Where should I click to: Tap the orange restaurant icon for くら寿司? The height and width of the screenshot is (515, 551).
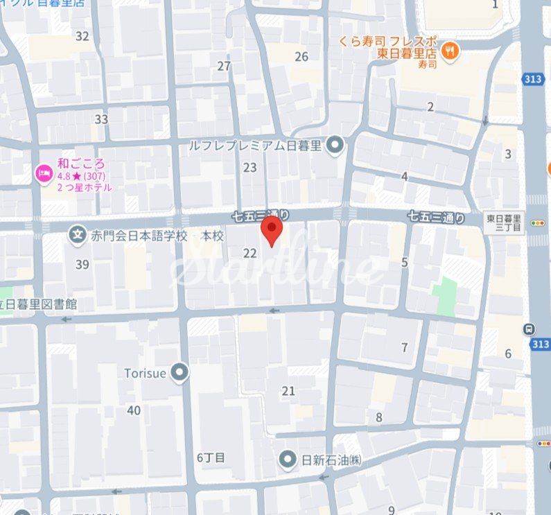[x=451, y=50]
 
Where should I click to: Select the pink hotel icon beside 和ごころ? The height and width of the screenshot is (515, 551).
[x=43, y=173]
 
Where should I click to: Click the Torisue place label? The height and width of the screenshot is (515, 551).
[x=145, y=374]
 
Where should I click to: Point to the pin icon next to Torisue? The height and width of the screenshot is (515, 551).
[x=180, y=374]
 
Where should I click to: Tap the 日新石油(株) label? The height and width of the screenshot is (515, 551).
[x=331, y=459]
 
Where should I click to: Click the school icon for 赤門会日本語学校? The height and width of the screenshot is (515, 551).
[x=77, y=236]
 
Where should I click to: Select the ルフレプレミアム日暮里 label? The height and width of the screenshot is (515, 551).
[x=255, y=146]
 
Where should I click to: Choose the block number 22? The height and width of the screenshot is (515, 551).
[x=250, y=254]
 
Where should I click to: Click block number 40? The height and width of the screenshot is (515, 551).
[x=134, y=410]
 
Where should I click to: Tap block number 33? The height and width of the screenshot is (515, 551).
[x=101, y=119]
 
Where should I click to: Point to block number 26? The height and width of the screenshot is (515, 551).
[x=301, y=57]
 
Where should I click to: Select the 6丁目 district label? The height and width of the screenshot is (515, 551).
[x=211, y=457]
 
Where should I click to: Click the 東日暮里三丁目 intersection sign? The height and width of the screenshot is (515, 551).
[x=505, y=223]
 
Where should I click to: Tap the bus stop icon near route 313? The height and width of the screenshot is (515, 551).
[x=530, y=329]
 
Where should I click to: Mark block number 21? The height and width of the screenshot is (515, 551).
[x=288, y=391]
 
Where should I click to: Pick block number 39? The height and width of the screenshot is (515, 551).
[x=82, y=264]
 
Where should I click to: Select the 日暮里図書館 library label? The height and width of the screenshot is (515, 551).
[x=38, y=304]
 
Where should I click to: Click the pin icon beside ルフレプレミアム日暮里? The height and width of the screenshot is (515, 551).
[x=335, y=146]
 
